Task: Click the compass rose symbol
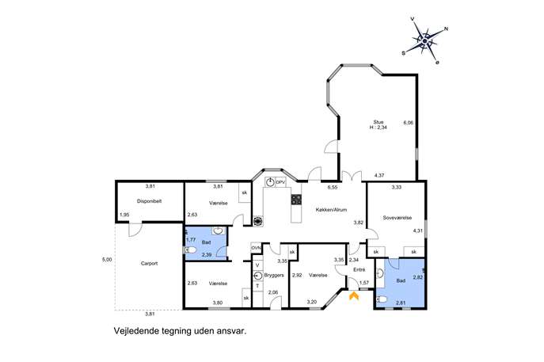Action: coord(424,41)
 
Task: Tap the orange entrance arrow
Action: coord(353,295)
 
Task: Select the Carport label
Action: coord(149,264)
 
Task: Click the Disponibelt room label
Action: coord(149,201)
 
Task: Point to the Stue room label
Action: coord(379,122)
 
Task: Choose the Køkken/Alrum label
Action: coord(331,210)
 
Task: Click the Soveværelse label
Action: coord(398,218)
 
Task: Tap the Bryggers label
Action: coord(274,275)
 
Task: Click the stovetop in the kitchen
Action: coord(296,200)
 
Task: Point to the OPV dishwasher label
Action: coord(280,182)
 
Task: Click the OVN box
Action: coord(256,248)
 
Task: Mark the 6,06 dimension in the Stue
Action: coord(409,123)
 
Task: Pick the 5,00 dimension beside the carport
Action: coord(107,259)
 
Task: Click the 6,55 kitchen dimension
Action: coord(333,187)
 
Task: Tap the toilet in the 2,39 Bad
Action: coord(190,250)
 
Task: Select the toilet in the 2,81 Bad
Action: coord(382,299)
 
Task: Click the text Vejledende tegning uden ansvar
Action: coord(180,331)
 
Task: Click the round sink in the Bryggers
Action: coord(257,276)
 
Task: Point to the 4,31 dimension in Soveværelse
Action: coord(418,231)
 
